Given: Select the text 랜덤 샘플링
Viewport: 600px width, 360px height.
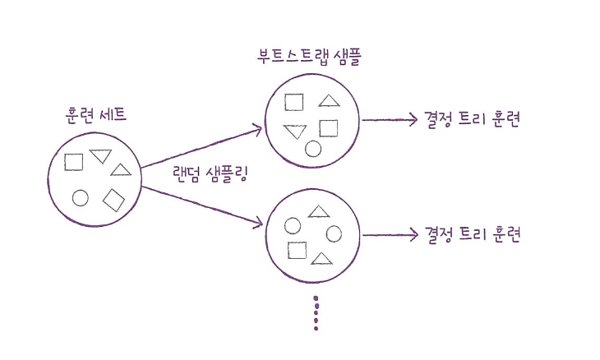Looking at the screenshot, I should (211, 174).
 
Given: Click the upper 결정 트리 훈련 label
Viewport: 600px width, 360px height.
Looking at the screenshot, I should (473, 119).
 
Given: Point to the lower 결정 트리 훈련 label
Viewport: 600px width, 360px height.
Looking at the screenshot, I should (473, 234).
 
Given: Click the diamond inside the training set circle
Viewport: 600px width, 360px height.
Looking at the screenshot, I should (113, 199).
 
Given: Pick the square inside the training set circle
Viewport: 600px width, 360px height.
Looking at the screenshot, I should (74, 161).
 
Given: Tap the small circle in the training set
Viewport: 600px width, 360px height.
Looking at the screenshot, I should (81, 197).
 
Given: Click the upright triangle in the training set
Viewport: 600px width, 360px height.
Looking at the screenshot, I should (121, 170).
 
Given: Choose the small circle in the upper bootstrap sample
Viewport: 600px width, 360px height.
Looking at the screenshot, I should (312, 149).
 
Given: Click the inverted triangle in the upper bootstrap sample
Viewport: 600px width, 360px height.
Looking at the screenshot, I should (295, 132).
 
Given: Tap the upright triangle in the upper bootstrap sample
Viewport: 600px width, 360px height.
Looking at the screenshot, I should (329, 102).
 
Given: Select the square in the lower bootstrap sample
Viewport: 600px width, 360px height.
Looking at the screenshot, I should (297, 250).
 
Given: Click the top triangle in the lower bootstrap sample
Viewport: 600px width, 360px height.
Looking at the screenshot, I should (318, 212).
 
